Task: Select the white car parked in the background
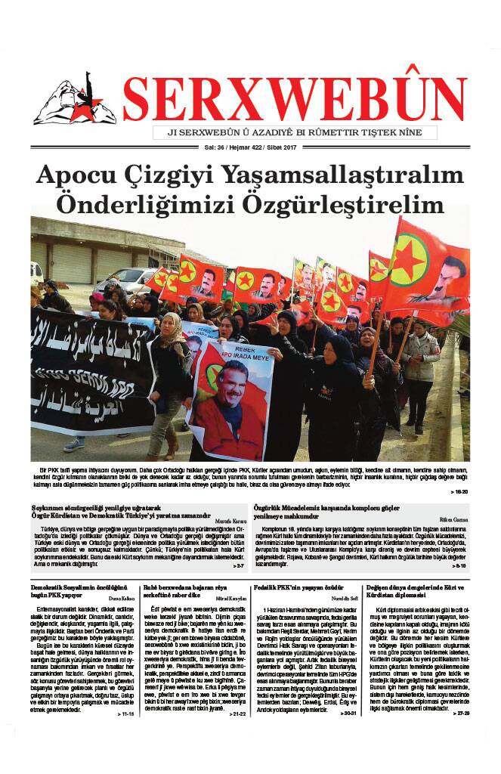125,282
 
